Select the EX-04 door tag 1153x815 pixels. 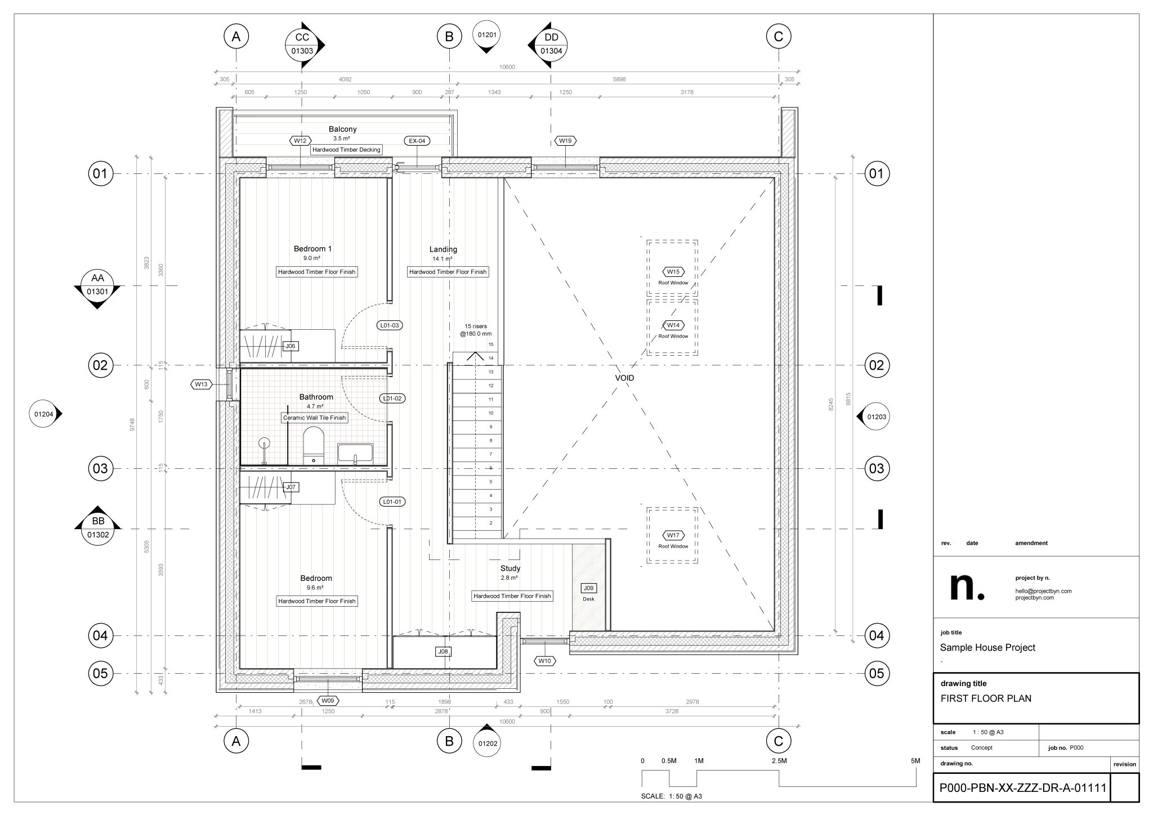(417, 141)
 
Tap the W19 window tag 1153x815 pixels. (565, 141)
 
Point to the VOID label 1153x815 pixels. (624, 378)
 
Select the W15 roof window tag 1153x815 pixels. (673, 272)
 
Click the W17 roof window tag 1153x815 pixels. (673, 535)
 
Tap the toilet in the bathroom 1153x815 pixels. (313, 446)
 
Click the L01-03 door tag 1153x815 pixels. (390, 325)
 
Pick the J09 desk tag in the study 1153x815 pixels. (588, 588)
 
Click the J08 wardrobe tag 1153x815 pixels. (444, 652)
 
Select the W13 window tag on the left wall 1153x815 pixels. (201, 384)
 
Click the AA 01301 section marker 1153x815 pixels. (97, 285)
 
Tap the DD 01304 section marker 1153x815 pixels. (551, 44)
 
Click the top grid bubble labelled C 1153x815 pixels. (779, 37)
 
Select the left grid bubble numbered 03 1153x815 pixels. (100, 468)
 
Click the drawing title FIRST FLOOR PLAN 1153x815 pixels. (986, 698)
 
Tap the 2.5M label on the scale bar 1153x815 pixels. (779, 761)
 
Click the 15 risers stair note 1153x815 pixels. (475, 330)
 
